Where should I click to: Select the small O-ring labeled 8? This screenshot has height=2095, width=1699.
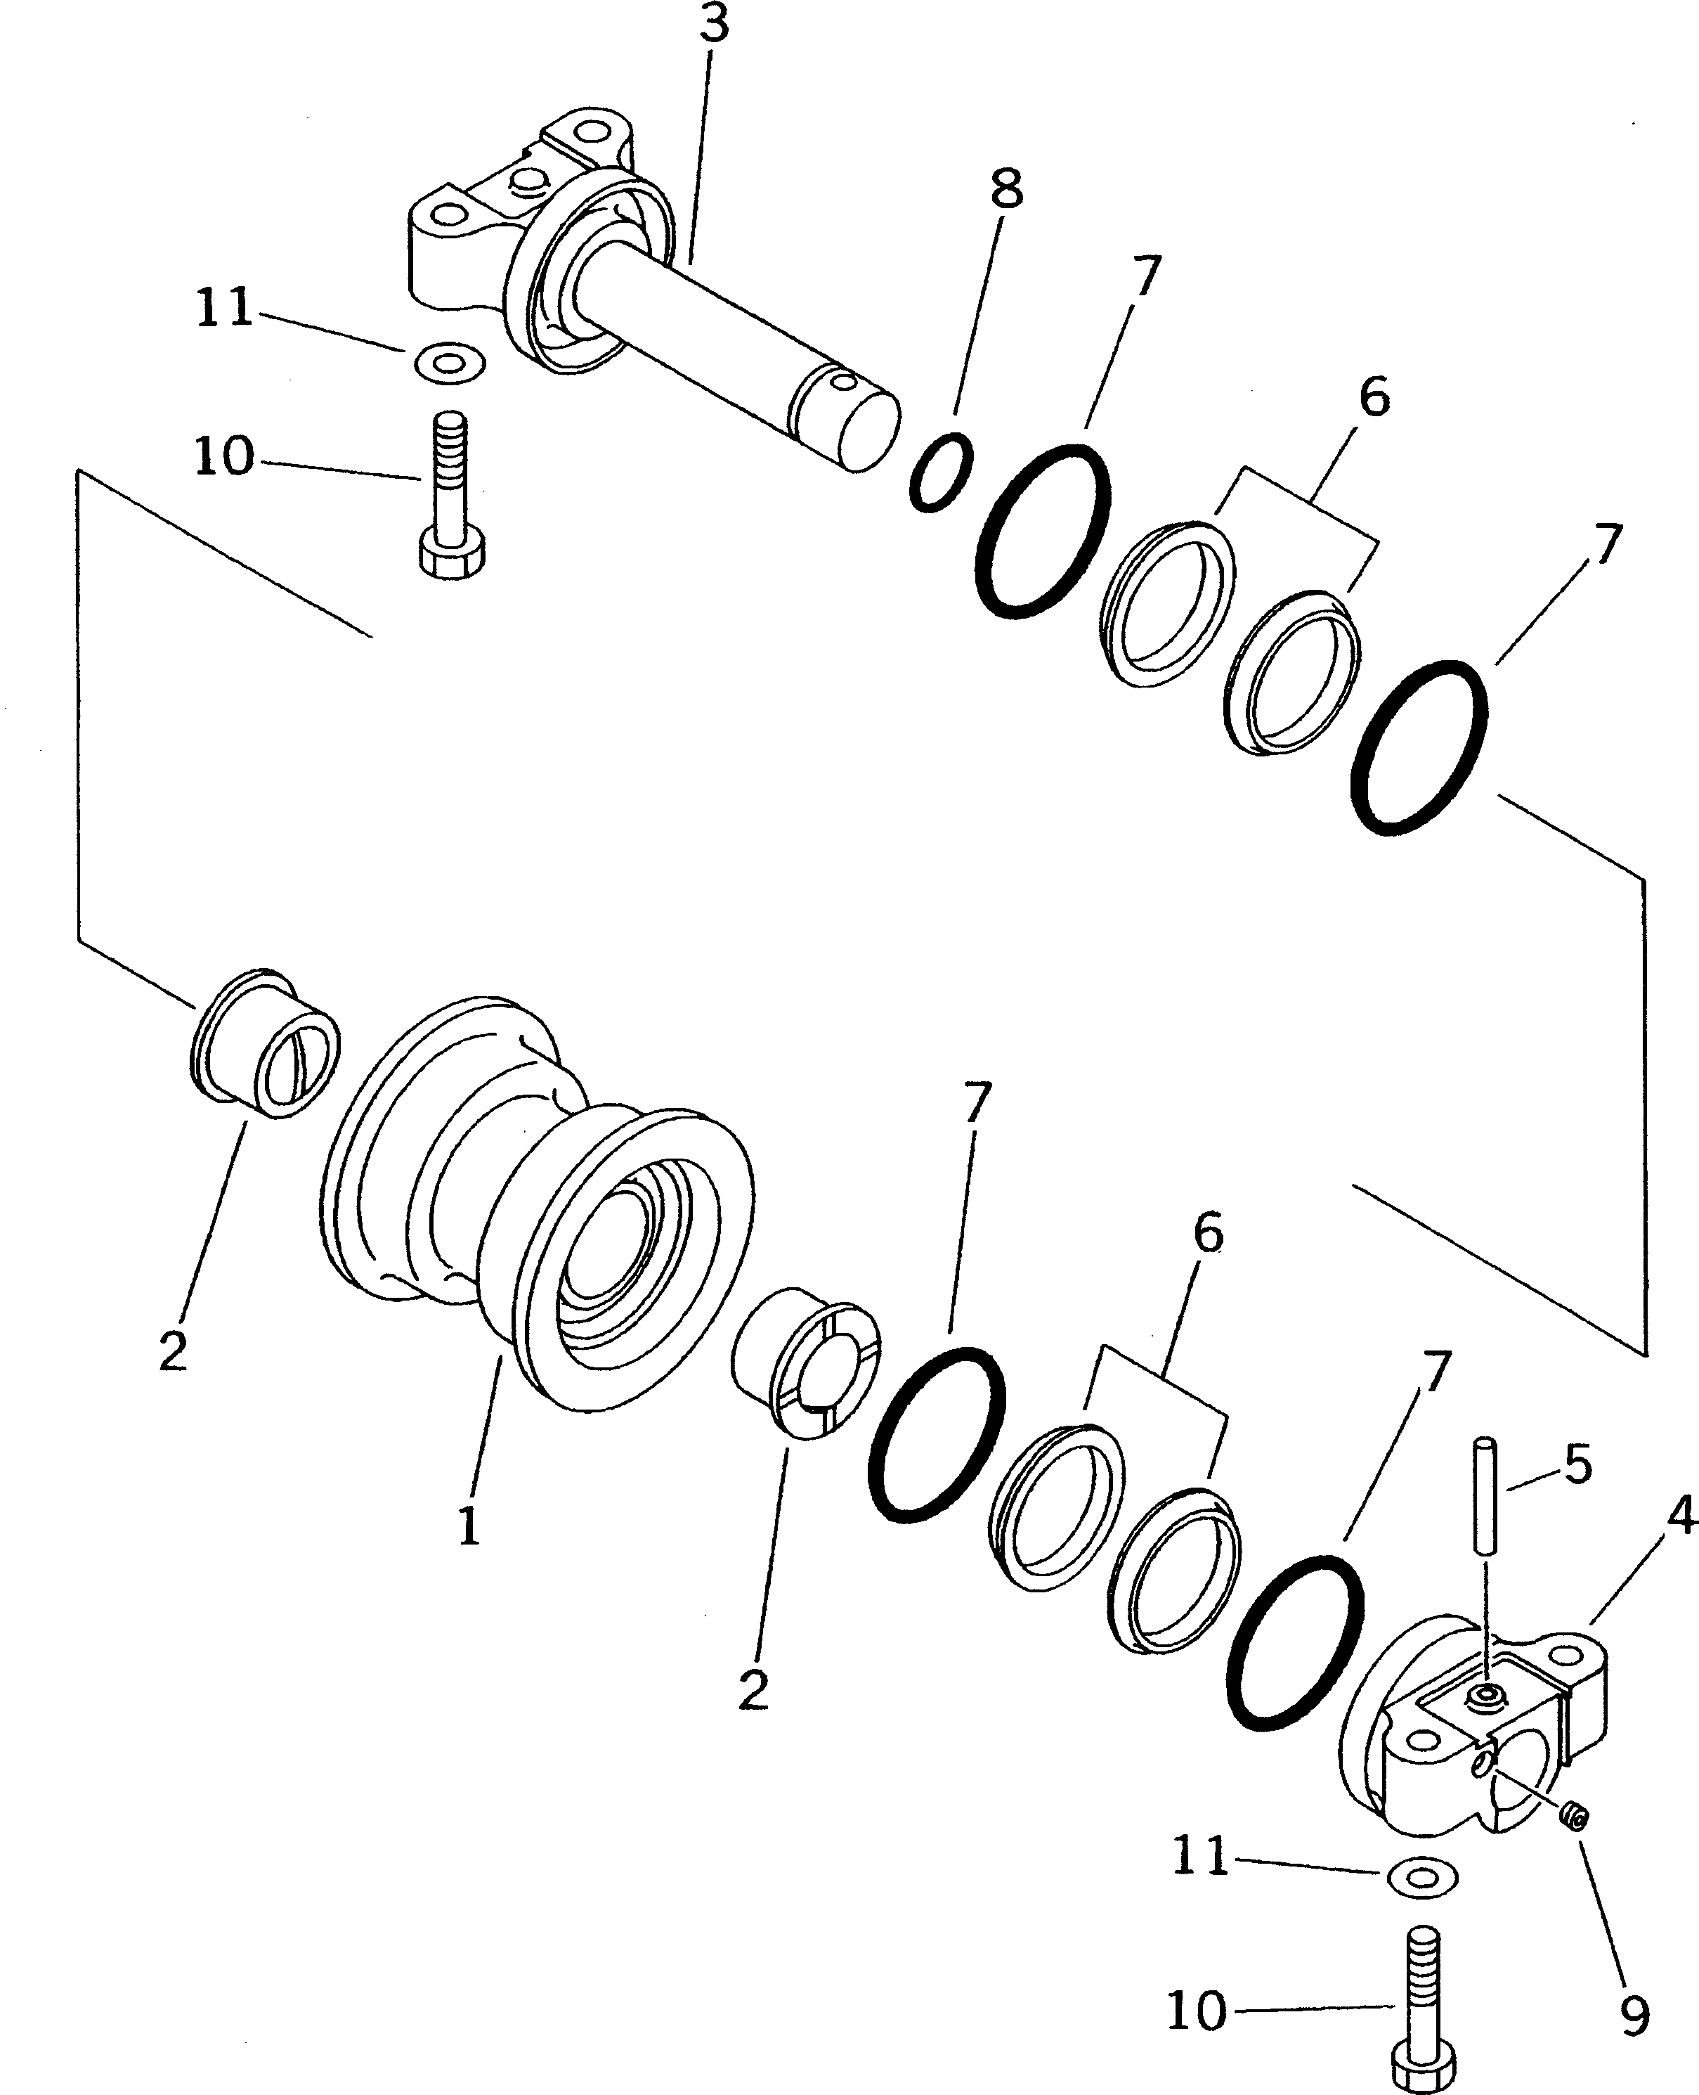pyautogui.click(x=941, y=473)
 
